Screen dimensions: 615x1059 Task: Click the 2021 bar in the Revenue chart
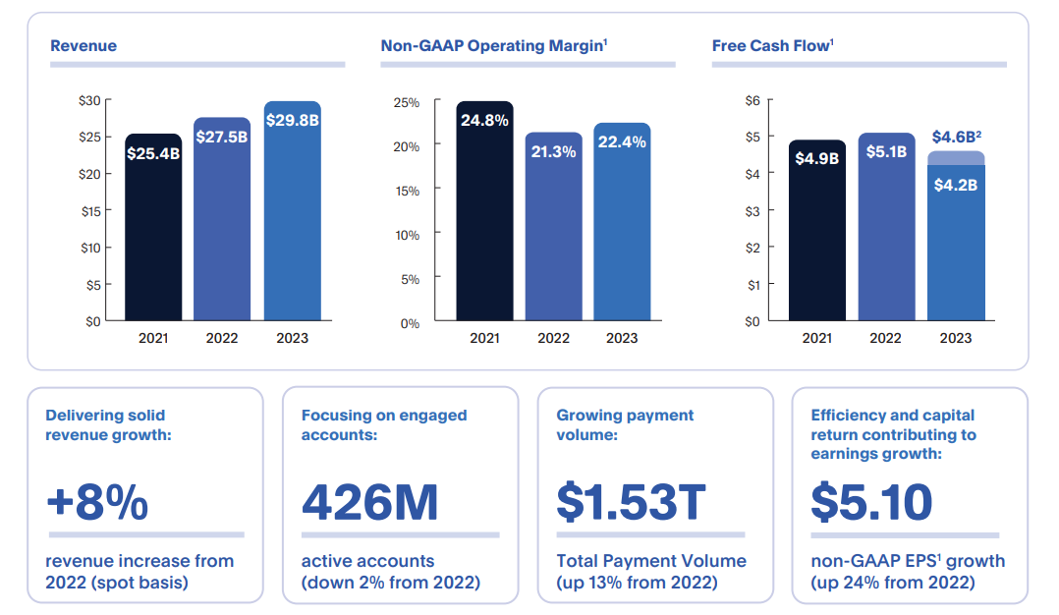pos(153,228)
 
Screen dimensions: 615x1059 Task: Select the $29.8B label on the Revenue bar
pos(292,119)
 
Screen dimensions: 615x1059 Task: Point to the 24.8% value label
pos(484,121)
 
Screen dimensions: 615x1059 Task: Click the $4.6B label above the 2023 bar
pos(955,137)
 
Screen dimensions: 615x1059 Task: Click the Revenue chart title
pos(84,46)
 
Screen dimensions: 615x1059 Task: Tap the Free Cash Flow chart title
pos(772,46)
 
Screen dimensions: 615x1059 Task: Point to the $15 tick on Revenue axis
pos(90,211)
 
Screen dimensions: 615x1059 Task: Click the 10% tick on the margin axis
pos(407,235)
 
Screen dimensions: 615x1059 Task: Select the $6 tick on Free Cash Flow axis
pos(752,100)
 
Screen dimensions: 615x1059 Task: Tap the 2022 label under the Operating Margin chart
pos(553,338)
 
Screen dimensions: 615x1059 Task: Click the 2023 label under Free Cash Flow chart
pos(955,338)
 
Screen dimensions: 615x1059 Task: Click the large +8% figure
pos(97,502)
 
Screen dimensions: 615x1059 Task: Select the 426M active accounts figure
pos(369,502)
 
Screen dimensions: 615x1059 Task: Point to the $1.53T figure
pos(631,502)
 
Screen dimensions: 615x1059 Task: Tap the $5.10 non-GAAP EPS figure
pos(871,502)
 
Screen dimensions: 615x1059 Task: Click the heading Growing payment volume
pos(625,424)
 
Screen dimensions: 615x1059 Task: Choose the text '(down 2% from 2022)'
pos(391,583)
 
